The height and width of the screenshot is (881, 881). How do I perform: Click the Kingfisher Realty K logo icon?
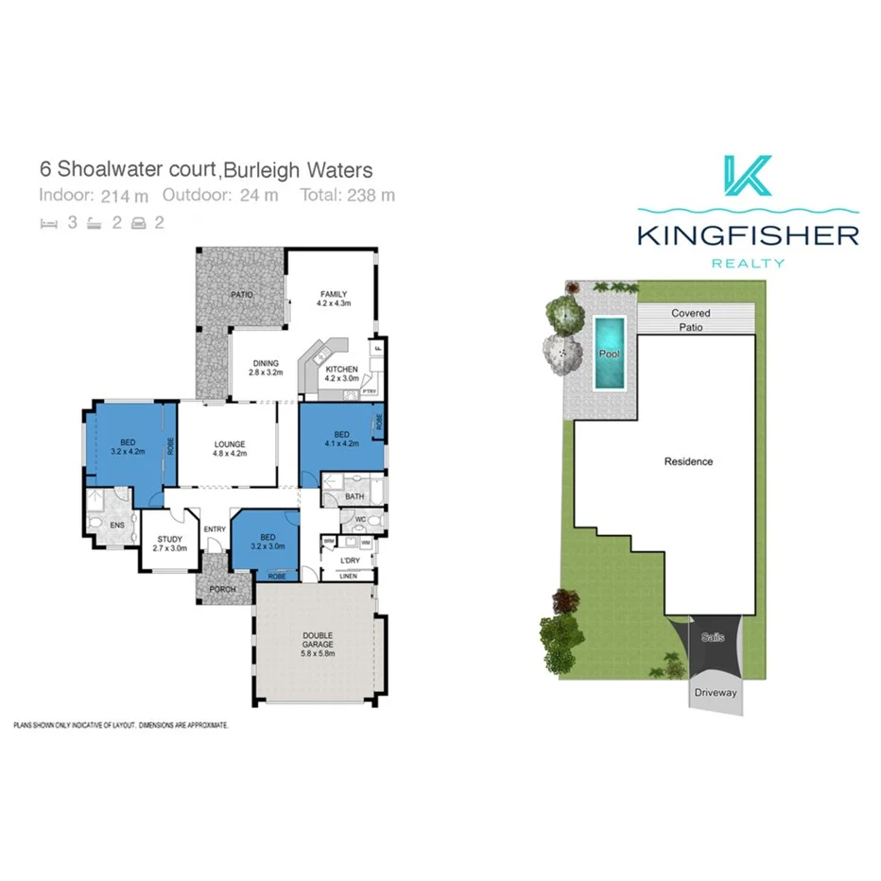[748, 176]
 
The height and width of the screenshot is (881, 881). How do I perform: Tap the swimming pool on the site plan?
[609, 353]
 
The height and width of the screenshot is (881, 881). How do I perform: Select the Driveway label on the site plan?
[715, 693]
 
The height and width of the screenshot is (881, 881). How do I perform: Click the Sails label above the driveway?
[712, 638]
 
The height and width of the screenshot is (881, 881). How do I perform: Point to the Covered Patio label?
[690, 320]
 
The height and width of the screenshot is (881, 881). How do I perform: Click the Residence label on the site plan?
[688, 461]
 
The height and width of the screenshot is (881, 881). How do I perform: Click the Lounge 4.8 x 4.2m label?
[230, 448]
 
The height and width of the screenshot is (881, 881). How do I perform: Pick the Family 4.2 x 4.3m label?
[334, 299]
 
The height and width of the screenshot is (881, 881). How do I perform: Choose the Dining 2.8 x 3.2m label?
[266, 368]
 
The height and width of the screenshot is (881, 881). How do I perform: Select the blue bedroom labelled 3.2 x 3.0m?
[268, 541]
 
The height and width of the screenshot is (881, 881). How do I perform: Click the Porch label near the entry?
[223, 590]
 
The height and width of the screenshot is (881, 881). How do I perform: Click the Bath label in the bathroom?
[354, 495]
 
